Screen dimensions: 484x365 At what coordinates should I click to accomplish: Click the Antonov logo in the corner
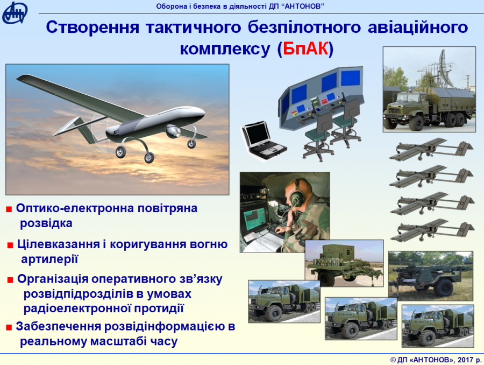[15, 12]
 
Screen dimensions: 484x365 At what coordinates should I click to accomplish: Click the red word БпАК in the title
[305, 48]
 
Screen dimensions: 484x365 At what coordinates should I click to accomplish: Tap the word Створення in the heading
[93, 27]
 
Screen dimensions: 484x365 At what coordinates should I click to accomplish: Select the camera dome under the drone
[173, 131]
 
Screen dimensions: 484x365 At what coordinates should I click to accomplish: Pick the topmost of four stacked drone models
[431, 150]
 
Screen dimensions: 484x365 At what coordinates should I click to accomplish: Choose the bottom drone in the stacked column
[432, 230]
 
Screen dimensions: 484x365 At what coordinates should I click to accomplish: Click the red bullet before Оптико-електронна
[9, 209]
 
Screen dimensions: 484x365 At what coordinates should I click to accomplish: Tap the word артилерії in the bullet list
[49, 259]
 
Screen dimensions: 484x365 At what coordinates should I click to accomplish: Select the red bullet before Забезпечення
[9, 327]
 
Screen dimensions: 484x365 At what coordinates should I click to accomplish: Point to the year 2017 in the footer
[466, 360]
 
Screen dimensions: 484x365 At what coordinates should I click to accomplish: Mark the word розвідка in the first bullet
[46, 223]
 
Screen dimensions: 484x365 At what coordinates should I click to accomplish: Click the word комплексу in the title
[225, 50]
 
